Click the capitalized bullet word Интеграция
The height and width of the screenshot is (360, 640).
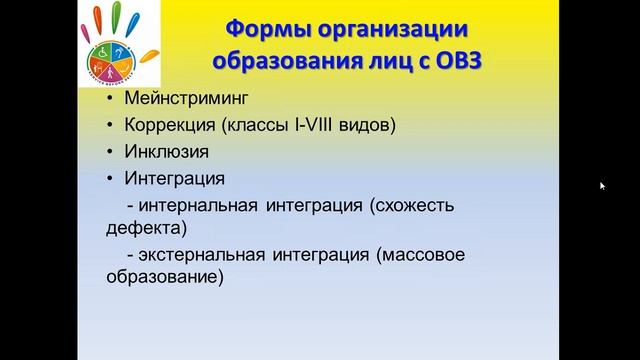coord(174,179)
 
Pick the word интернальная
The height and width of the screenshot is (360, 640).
coord(200,205)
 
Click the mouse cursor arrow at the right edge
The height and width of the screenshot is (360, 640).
coord(602,185)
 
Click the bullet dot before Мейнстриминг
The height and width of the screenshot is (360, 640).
coord(108,101)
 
